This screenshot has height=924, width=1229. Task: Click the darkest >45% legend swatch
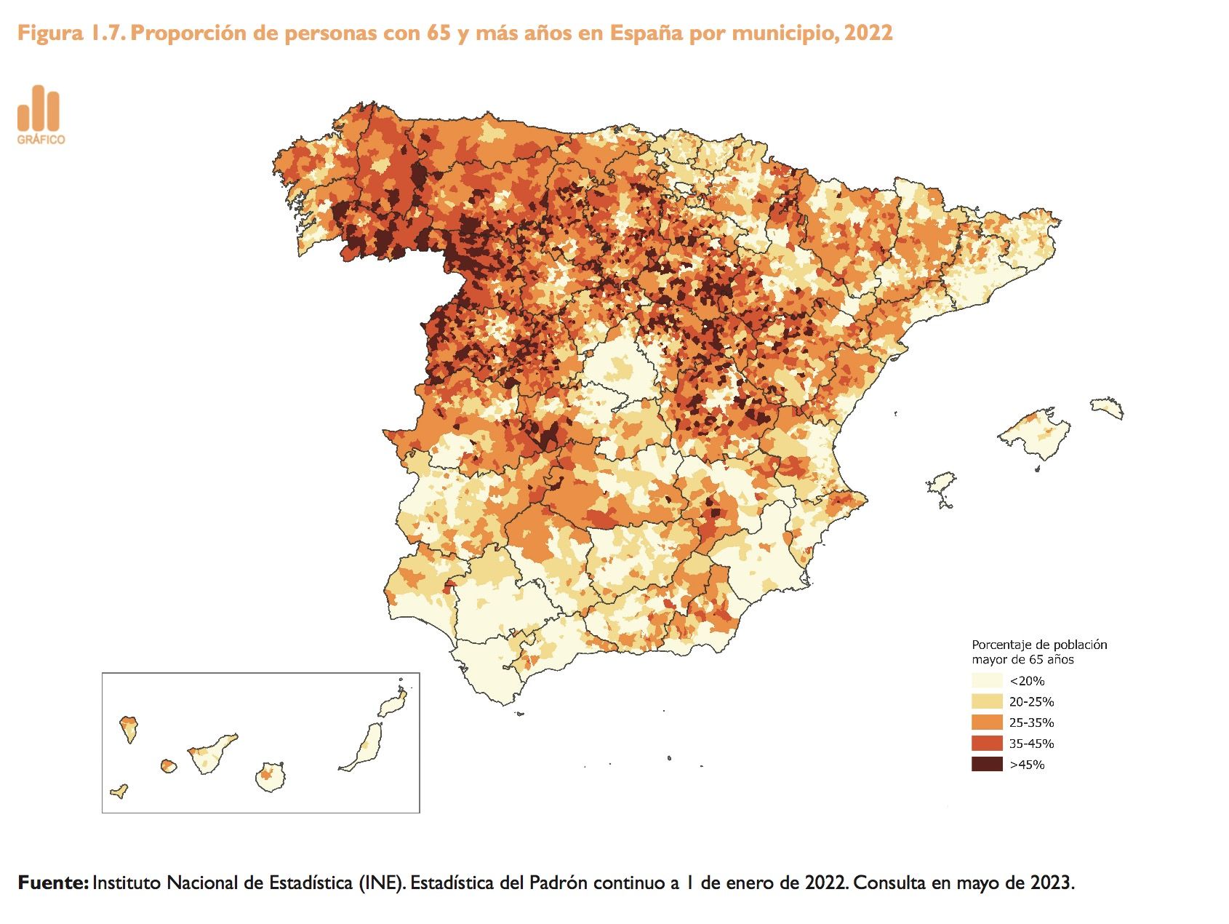[x=987, y=765]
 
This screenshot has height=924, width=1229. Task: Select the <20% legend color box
[x=987, y=681]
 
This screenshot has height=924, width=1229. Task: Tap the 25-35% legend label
[x=1031, y=723]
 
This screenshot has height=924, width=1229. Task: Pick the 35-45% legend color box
[x=987, y=744]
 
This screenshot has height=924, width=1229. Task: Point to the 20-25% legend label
[x=1031, y=702]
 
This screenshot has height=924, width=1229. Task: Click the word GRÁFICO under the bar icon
[x=41, y=140]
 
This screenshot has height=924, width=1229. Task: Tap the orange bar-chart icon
[x=39, y=108]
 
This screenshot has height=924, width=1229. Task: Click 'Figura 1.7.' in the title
[x=70, y=33]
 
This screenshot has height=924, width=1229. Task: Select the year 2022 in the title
[x=868, y=33]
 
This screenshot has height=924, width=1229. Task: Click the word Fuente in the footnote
[x=51, y=883]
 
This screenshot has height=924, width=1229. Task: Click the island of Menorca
[x=1107, y=407]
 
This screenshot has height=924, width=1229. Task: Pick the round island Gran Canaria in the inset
[x=270, y=777]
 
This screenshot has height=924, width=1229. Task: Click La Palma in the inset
[x=129, y=728]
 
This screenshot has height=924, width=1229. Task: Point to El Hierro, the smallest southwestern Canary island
[x=119, y=791]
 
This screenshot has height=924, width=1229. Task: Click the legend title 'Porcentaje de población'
[x=1039, y=645]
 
